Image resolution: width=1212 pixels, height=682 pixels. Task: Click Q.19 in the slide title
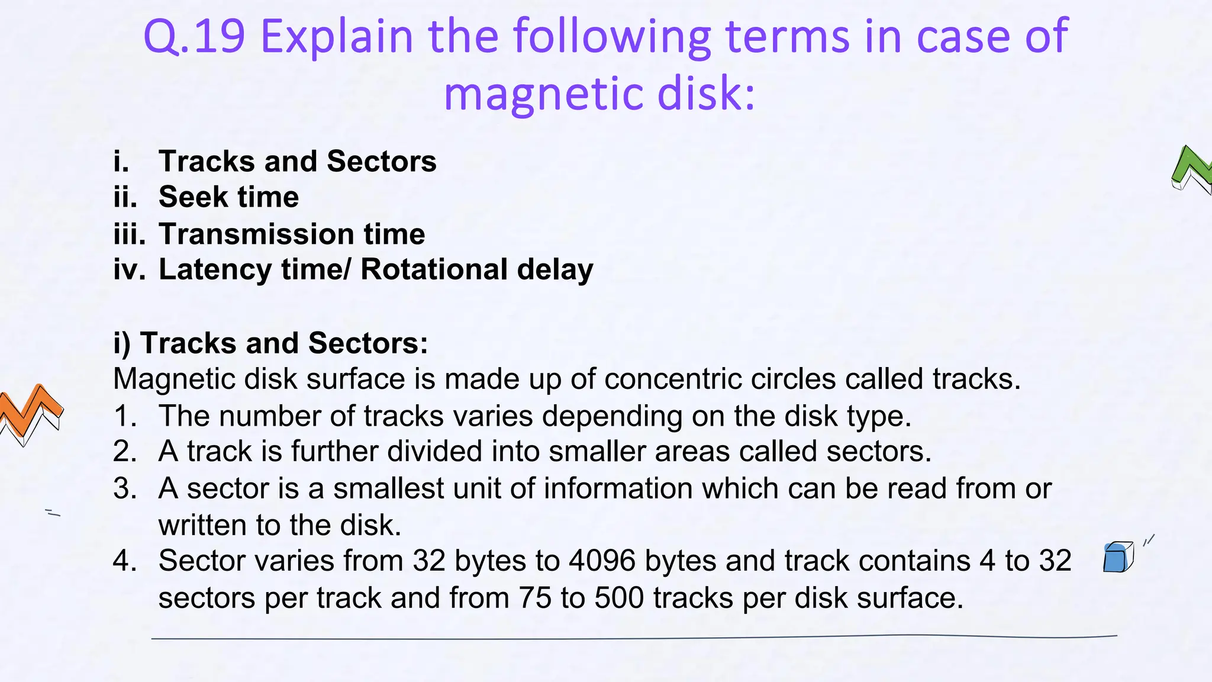[x=194, y=37]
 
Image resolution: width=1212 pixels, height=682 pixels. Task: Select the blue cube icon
[x=1117, y=558]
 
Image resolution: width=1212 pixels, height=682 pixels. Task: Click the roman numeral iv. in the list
[x=129, y=270]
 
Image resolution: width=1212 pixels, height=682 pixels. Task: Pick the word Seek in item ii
[x=194, y=197]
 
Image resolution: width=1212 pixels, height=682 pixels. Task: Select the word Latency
[x=215, y=270]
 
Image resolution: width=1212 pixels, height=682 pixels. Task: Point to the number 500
[x=619, y=598]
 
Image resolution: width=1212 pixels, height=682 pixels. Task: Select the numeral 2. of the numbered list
[x=125, y=452]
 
